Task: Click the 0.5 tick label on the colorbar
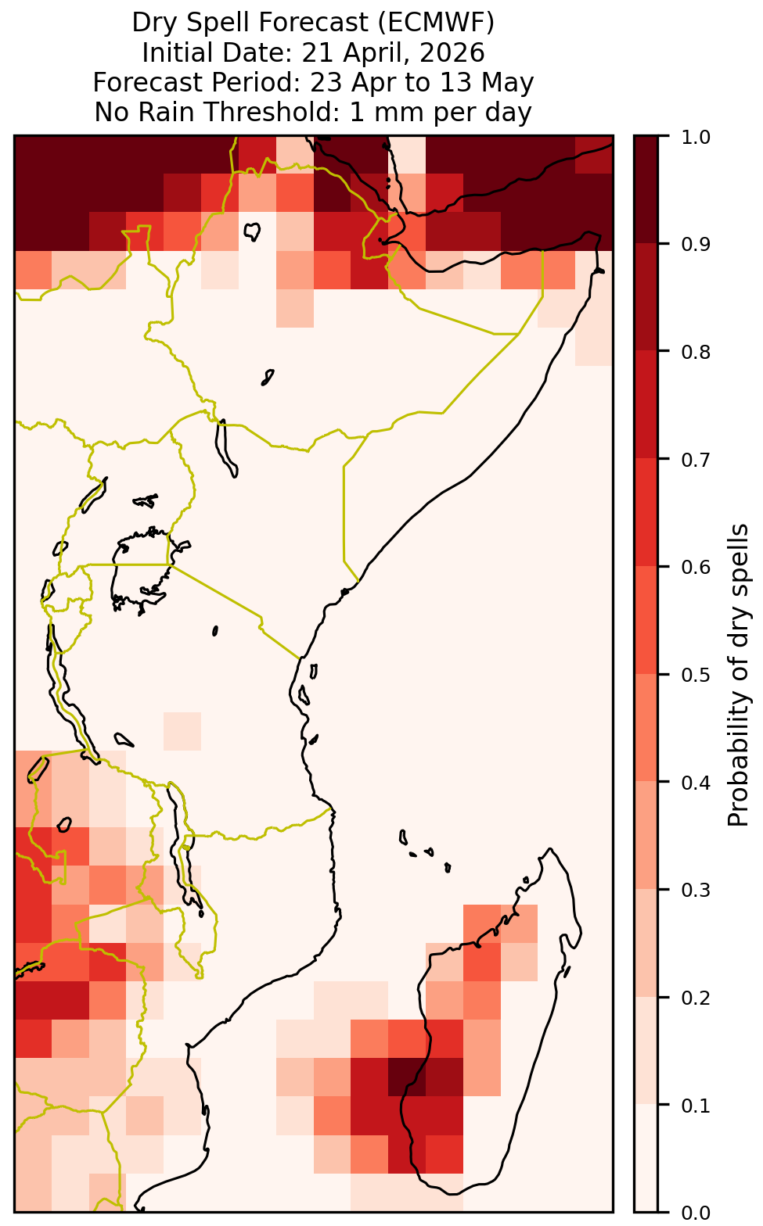click(696, 675)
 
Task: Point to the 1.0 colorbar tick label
click(696, 137)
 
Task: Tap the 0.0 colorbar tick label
click(696, 1212)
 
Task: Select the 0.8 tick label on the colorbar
click(696, 352)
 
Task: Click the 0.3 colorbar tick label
click(696, 890)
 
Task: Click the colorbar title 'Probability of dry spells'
click(738, 675)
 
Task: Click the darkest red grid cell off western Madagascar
click(407, 1077)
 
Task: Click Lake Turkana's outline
click(225, 448)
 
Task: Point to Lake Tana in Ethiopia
click(252, 231)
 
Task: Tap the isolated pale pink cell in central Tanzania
click(182, 731)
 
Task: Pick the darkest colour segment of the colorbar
click(646, 190)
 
